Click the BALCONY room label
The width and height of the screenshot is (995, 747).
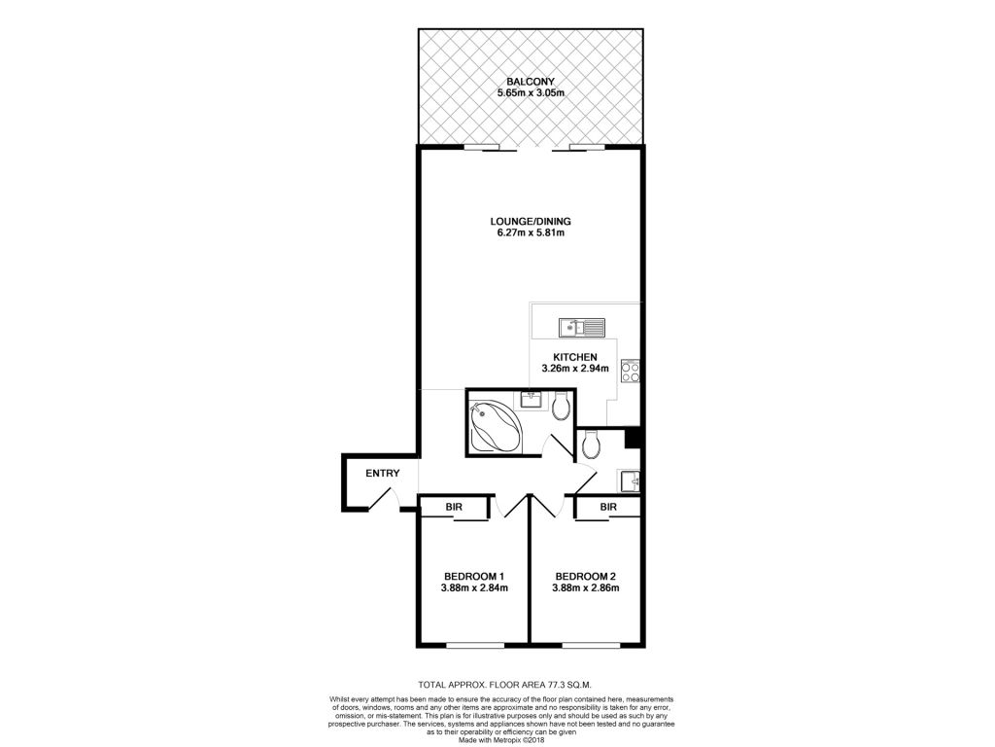tap(531, 82)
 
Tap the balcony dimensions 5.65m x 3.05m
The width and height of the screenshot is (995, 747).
tap(531, 92)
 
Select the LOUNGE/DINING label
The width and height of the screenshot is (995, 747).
tap(531, 222)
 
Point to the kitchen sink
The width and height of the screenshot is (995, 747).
tap(582, 327)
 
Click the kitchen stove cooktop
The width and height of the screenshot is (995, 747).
tap(630, 371)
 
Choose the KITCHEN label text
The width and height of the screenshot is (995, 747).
tap(575, 357)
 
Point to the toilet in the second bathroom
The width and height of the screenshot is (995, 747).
tap(591, 445)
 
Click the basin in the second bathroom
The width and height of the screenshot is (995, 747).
tap(630, 480)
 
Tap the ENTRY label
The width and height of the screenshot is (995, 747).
tap(383, 474)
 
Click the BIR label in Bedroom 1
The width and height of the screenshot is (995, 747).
tap(454, 507)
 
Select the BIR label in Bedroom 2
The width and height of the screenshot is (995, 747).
tap(608, 507)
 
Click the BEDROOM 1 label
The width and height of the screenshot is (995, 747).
tap(473, 577)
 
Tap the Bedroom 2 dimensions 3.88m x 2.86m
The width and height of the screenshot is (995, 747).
tap(586, 588)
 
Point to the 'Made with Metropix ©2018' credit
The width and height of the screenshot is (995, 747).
tap(501, 739)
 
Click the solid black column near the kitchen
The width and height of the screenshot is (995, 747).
tap(633, 439)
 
